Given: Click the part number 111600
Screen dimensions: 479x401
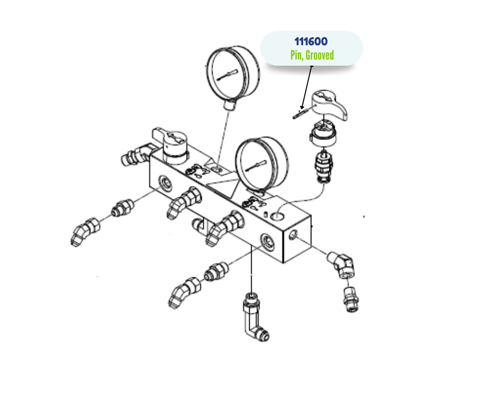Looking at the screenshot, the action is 311,41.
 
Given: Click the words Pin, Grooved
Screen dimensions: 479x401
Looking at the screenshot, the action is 312,55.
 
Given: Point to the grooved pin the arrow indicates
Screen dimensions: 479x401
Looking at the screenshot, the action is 299,114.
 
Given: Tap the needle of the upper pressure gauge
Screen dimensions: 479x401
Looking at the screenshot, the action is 227,75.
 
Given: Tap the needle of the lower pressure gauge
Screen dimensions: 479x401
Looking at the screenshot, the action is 256,165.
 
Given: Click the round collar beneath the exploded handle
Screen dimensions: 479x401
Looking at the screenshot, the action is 323,134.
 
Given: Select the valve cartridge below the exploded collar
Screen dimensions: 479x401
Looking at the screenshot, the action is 324,166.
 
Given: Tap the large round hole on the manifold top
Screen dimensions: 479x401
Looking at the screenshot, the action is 277,216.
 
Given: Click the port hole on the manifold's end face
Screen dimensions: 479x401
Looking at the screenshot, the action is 292,235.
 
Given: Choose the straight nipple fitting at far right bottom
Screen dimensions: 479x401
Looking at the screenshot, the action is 351,299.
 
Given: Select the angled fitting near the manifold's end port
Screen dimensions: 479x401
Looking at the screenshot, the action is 342,264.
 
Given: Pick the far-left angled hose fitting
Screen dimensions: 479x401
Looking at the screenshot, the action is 85,232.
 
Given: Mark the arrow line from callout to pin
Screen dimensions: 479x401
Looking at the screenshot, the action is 307,88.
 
